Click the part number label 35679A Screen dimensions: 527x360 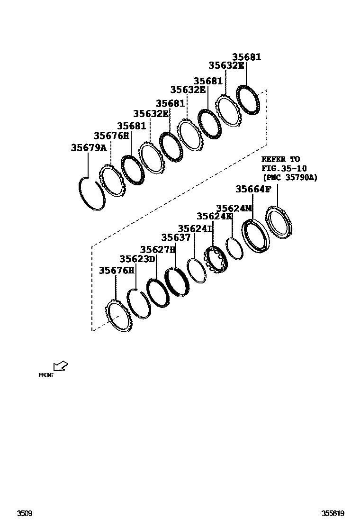tap(89, 148)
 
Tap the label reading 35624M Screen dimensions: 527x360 tap(234, 209)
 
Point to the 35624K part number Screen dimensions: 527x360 tap(215, 217)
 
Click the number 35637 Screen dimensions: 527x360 tap(176, 238)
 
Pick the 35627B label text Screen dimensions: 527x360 tap(158, 250)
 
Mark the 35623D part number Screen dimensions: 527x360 tap(137, 259)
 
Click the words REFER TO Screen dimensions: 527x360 tap(280, 160)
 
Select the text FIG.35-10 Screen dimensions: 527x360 tap(284, 168)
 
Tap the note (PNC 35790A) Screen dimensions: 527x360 tap(290, 177)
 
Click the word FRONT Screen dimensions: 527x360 tap(46, 375)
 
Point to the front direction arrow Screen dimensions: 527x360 tap(61, 366)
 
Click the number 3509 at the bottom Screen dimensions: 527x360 tap(24, 513)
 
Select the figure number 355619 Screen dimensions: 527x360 tap(333, 513)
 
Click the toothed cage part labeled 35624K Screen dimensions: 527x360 tap(216, 260)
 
